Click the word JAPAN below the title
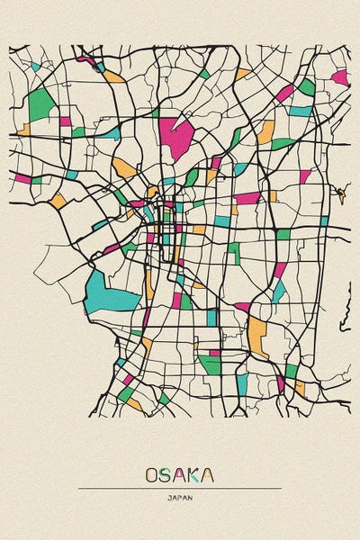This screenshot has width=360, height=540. [179, 497]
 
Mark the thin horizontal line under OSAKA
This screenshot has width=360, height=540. [179, 488]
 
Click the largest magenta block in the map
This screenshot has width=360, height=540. [177, 136]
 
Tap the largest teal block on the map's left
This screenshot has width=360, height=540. [101, 290]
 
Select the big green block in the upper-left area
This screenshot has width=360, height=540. [41, 104]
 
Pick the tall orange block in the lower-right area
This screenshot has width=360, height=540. [259, 335]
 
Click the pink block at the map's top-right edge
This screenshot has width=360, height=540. [340, 77]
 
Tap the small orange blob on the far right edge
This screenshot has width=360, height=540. [340, 193]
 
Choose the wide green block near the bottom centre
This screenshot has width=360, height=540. [210, 364]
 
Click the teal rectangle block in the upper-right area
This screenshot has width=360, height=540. [300, 112]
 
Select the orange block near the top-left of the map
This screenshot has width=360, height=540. [113, 76]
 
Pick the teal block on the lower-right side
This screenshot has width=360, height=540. [279, 290]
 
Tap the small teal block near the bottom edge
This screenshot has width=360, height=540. [241, 384]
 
